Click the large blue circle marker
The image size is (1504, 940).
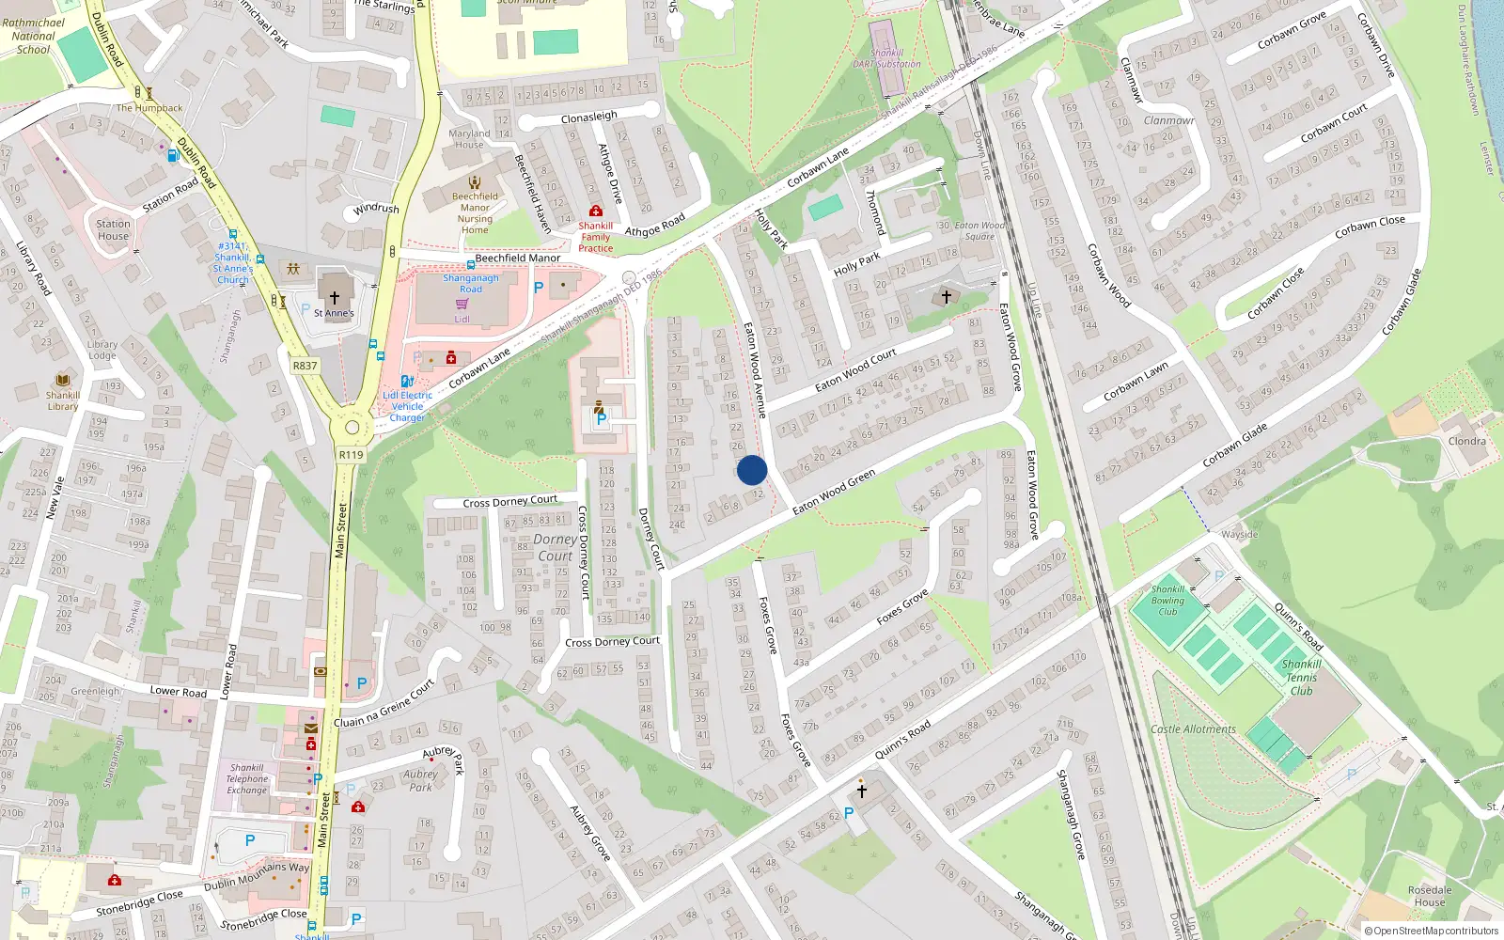pos(752,470)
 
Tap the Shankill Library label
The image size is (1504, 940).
pos(63,400)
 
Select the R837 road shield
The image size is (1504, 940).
pos(305,366)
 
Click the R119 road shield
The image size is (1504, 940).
pos(351,455)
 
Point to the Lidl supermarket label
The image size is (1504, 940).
pos(462,319)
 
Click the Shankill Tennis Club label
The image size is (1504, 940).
pos(1301,677)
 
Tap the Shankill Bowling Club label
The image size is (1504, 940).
pos(1167,600)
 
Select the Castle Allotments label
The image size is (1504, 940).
pos(1193,729)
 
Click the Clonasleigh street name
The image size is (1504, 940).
pos(589,117)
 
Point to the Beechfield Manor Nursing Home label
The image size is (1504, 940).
pos(475,213)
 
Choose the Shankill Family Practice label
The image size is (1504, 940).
pos(595,237)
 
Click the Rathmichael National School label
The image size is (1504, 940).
pos(34,36)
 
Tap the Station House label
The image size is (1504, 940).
pos(113,229)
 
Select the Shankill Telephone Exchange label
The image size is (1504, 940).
pos(247,778)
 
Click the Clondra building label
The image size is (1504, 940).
pos(1466,441)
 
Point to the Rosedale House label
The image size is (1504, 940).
pos(1429,896)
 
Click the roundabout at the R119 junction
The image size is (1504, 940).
pos(352,428)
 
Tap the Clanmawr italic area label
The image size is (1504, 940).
pos(1168,120)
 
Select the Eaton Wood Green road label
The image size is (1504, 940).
pos(833,492)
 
